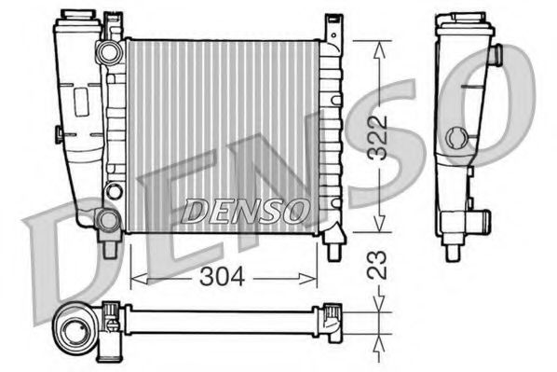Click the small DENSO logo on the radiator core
244,212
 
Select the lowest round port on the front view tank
108,220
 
